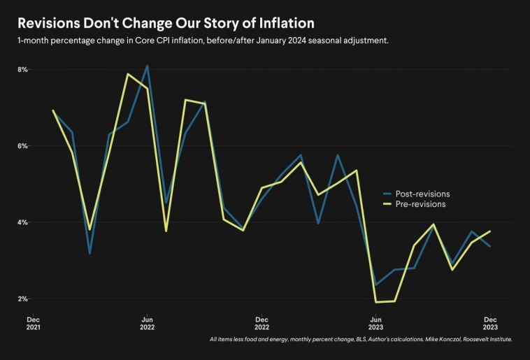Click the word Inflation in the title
(x=274, y=23)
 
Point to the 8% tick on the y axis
(x=22, y=70)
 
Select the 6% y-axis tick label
(x=22, y=146)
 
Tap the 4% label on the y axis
(x=22, y=222)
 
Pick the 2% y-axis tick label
(x=22, y=298)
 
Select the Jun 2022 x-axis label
(x=147, y=322)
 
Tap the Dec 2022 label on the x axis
(x=261, y=322)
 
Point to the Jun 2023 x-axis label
(x=375, y=322)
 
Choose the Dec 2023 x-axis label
(x=489, y=322)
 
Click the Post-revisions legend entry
(x=422, y=194)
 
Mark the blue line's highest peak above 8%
(x=147, y=66)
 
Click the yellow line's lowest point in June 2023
(x=376, y=302)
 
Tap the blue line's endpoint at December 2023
(x=489, y=246)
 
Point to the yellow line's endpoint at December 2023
(x=489, y=231)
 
